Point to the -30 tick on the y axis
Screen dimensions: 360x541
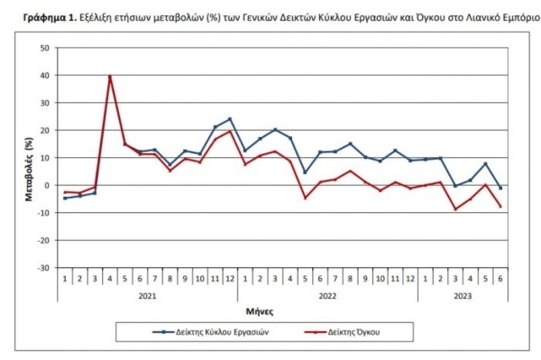click(44, 268)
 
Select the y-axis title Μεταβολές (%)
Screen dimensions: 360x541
click(30, 158)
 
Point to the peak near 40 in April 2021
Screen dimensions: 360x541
click(110, 76)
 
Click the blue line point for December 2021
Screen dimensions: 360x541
click(230, 118)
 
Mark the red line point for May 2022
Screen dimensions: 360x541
click(305, 198)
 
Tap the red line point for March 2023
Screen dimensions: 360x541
click(456, 209)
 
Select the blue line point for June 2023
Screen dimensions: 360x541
click(501, 188)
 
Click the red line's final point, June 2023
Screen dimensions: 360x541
click(501, 207)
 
